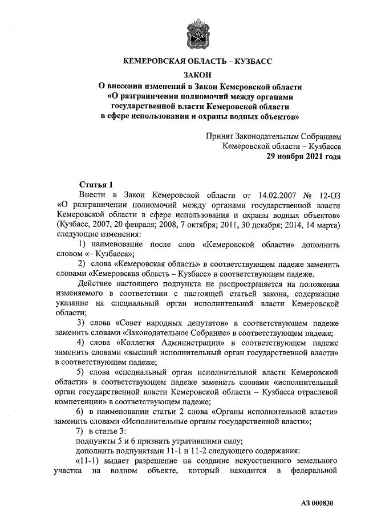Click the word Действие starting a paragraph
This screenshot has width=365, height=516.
(96, 283)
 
